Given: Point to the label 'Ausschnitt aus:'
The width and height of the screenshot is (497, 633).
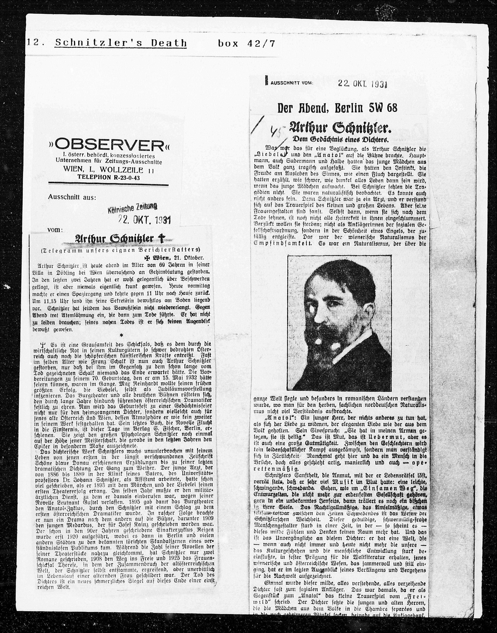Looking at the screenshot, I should pos(72,197).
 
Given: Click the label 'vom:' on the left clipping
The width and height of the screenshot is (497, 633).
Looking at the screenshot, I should pos(55,230).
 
